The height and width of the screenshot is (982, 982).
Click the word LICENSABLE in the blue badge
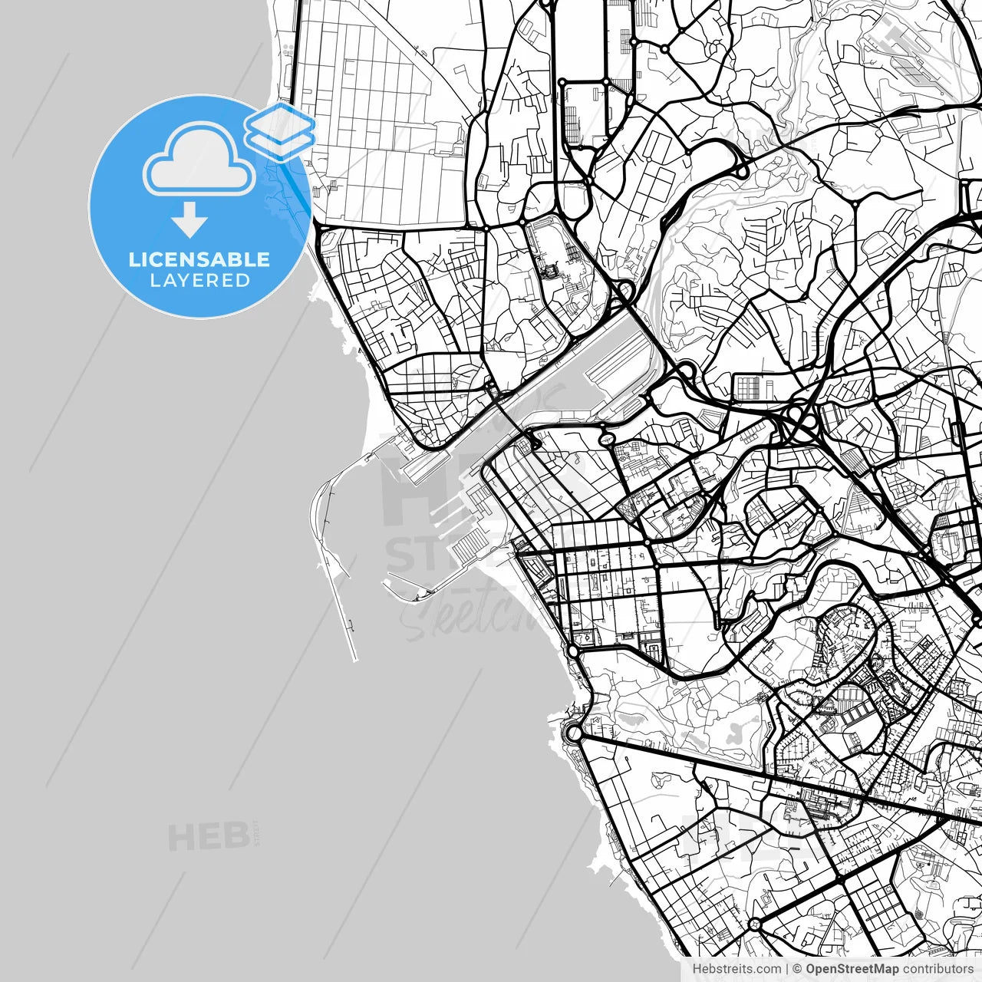point(199,259)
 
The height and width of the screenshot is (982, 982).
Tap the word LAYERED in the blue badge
point(199,281)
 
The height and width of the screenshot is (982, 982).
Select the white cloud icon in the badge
point(199,159)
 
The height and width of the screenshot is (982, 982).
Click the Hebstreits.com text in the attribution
point(736,970)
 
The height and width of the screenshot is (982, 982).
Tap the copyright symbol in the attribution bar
point(798,970)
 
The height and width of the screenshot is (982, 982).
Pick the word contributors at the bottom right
point(937,970)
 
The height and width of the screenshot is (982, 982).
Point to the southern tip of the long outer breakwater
point(354,658)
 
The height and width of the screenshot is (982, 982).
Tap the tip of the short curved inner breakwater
point(386,585)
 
